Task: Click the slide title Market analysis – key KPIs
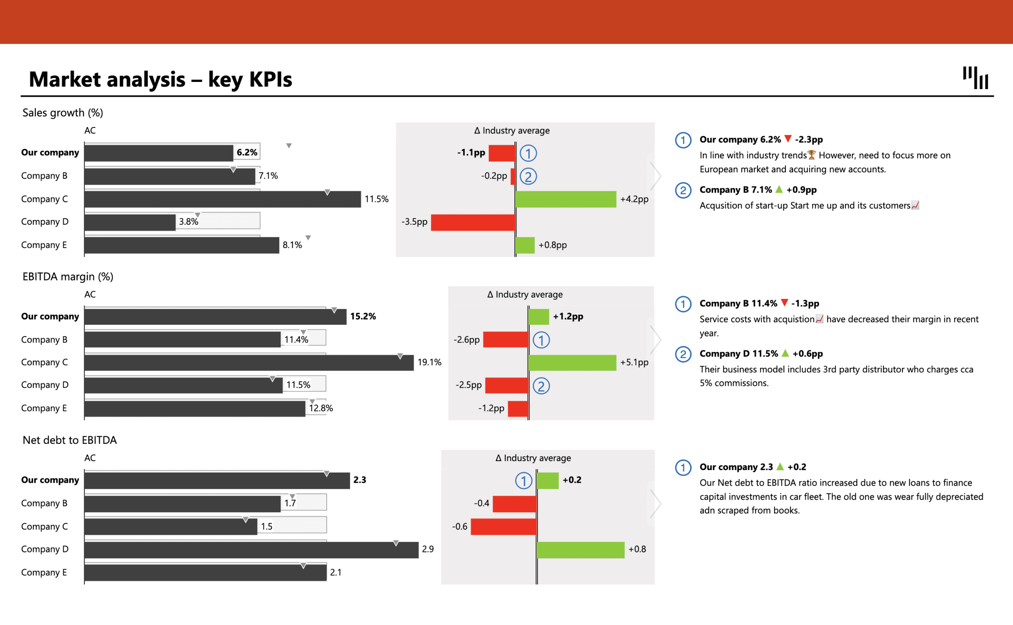click(160, 79)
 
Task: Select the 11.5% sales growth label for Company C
click(376, 199)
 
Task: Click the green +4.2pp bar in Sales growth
click(566, 199)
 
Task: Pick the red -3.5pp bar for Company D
click(473, 222)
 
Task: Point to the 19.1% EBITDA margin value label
click(429, 362)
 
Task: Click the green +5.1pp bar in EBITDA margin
click(572, 362)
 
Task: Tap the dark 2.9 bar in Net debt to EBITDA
click(251, 550)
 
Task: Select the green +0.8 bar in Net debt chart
click(580, 550)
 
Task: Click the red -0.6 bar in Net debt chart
click(503, 527)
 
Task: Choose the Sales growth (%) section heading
click(62, 113)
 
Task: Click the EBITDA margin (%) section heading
click(68, 277)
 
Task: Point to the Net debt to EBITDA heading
click(70, 440)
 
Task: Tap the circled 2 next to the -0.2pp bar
click(528, 177)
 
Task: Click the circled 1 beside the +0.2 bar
click(523, 481)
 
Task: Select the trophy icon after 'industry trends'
click(811, 155)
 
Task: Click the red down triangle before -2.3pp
click(788, 139)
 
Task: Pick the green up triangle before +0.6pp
click(785, 353)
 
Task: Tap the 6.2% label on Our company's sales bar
click(247, 152)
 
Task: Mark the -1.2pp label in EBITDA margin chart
click(491, 408)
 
